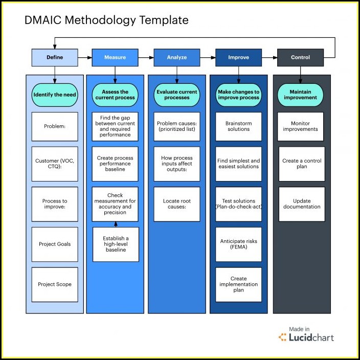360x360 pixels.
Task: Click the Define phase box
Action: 55,58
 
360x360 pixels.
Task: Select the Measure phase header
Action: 115,58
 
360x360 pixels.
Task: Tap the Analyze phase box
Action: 177,58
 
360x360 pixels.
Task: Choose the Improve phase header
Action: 238,58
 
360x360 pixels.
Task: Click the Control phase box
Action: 300,58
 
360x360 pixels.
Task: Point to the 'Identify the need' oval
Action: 55,95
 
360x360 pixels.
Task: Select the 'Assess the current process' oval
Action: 115,95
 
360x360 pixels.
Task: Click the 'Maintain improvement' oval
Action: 300,95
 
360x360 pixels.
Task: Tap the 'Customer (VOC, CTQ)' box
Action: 55,164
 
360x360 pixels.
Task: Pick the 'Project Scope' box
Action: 55,284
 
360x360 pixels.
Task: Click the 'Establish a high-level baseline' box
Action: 116,244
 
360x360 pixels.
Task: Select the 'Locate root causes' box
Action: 177,204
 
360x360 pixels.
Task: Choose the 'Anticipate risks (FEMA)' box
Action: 238,244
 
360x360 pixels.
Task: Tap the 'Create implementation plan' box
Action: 238,284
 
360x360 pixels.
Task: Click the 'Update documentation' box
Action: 302,204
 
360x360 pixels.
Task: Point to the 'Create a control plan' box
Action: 302,164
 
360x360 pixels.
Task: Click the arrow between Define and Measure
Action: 85,58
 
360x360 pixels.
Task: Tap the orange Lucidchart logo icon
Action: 282,337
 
